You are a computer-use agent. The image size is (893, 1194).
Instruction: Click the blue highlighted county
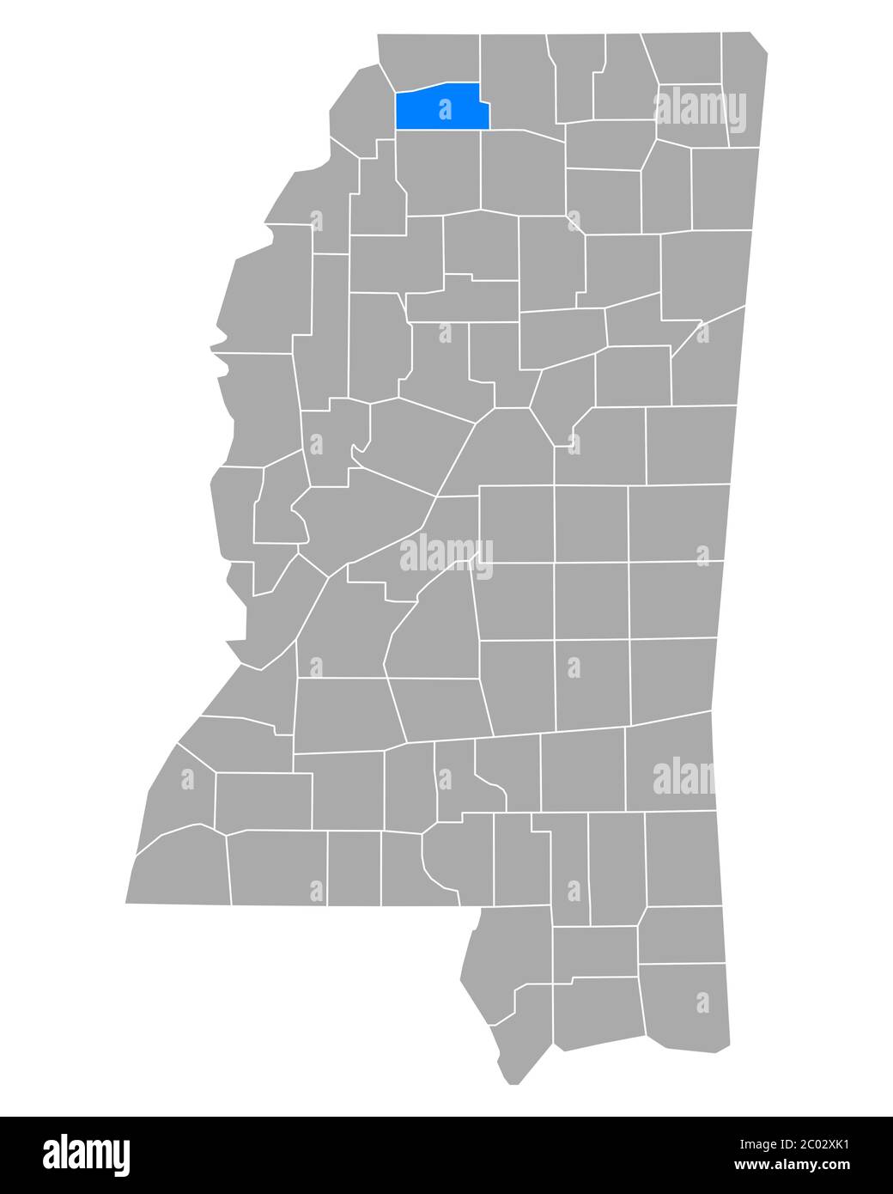pos(442,107)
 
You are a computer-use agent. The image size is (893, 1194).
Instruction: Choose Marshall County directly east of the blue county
pos(519,82)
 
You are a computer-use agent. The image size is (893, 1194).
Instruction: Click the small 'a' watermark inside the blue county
pos(444,109)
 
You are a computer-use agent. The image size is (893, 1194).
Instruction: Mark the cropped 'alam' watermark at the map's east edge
pos(683,777)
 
